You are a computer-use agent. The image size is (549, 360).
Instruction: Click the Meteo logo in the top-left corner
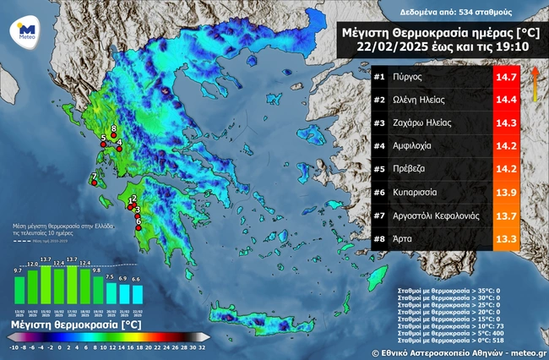[23, 31]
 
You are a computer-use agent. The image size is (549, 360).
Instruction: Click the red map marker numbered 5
[103, 145]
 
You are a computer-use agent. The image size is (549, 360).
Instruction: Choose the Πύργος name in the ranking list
[408, 77]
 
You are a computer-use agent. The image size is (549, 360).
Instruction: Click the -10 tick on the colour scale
[14, 347]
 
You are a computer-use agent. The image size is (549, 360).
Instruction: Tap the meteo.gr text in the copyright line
[525, 350]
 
